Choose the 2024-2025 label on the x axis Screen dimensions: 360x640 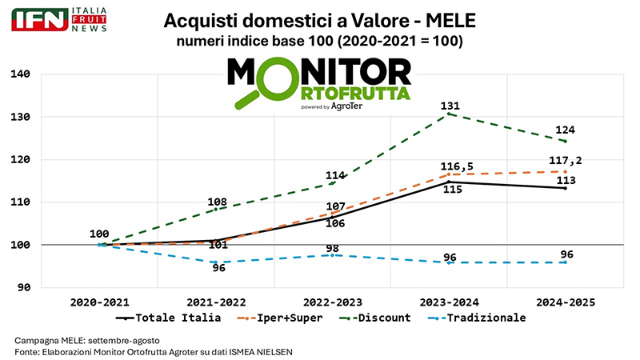click(564, 302)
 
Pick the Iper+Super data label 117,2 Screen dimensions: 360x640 click(566, 160)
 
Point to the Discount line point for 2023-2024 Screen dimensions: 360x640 click(450, 114)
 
